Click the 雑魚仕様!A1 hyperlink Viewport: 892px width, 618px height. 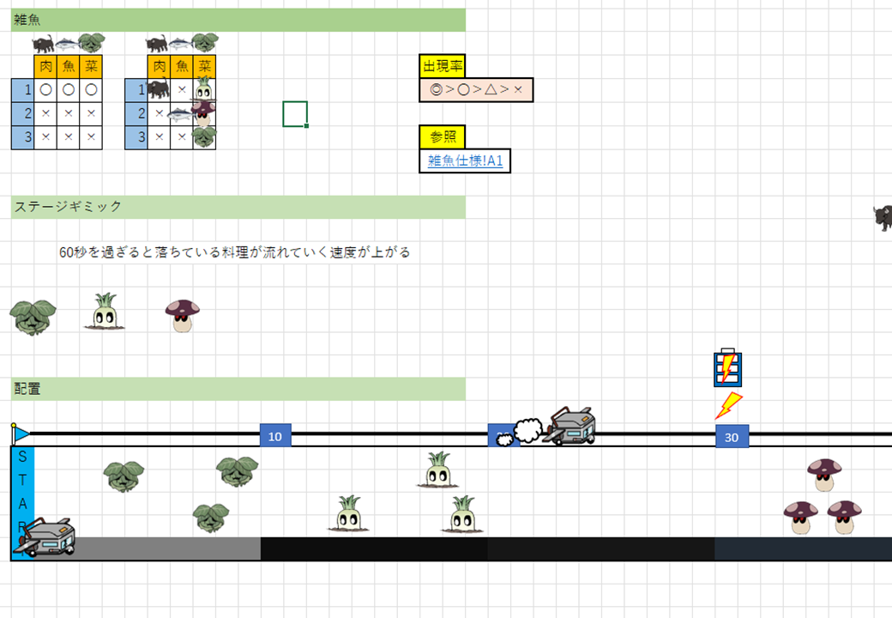[x=465, y=161]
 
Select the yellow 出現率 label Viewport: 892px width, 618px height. [x=442, y=66]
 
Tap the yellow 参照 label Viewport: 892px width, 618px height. [x=442, y=136]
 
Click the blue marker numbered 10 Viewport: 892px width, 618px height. [x=275, y=436]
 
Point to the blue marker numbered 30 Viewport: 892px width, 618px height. [x=732, y=436]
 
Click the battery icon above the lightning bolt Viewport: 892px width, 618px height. [x=727, y=367]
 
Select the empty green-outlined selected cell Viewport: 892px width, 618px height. [x=294, y=113]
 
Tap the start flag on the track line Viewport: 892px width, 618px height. [x=20, y=434]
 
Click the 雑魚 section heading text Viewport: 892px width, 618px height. [x=27, y=20]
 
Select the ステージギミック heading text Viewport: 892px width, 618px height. [x=68, y=207]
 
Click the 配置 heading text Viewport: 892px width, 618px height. [x=27, y=389]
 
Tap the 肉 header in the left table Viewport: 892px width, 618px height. [x=45, y=66]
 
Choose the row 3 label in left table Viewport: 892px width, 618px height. [x=22, y=136]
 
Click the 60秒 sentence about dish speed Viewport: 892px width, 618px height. [x=234, y=252]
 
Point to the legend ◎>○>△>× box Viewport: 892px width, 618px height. [x=476, y=89]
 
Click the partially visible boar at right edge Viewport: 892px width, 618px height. [x=883, y=217]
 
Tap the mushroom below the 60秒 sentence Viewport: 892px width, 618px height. [x=182, y=315]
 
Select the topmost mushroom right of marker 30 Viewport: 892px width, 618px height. [x=824, y=474]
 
